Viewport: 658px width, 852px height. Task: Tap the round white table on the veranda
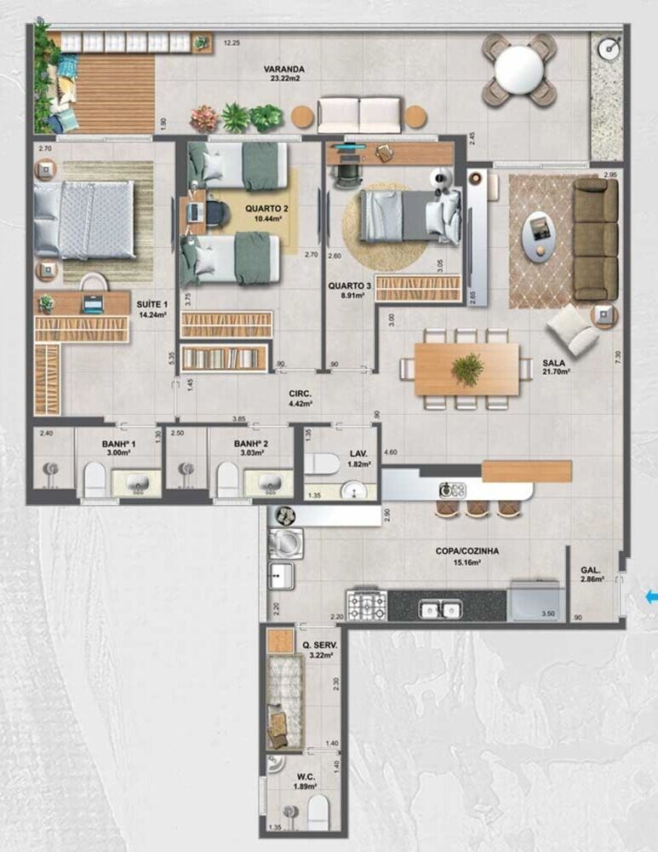pyautogui.click(x=519, y=69)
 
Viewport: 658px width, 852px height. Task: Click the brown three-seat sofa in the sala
pyautogui.click(x=595, y=239)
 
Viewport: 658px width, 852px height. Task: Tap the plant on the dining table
pyautogui.click(x=467, y=369)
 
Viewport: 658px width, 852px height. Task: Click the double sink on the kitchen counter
pyautogui.click(x=439, y=608)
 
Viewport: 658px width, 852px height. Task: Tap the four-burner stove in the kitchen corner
pyautogui.click(x=366, y=605)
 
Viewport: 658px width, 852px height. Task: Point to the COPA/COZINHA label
pyautogui.click(x=467, y=551)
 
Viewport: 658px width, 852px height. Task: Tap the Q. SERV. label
pyautogui.click(x=319, y=646)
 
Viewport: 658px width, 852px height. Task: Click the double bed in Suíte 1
pyautogui.click(x=84, y=219)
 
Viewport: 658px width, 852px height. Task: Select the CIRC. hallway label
pyautogui.click(x=300, y=394)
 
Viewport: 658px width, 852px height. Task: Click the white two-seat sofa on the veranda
pyautogui.click(x=358, y=115)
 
